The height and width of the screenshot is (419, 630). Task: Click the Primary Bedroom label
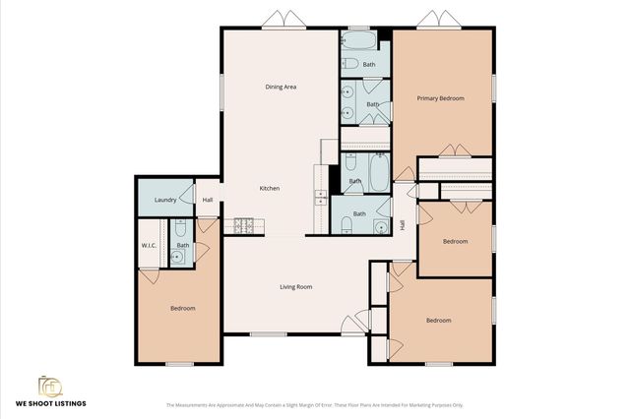440,98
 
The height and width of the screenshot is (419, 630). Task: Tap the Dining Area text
281,87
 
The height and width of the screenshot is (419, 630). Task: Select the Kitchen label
270,188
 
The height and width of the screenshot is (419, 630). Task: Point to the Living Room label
295,286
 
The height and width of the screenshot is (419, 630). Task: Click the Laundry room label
166,201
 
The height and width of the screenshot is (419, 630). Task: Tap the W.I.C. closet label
150,245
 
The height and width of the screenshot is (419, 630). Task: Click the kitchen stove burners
242,227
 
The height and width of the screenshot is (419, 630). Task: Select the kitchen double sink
320,196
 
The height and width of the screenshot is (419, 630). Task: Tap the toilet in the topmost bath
349,64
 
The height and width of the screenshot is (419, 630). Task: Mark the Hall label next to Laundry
208,201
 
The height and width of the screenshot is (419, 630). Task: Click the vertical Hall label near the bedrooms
402,225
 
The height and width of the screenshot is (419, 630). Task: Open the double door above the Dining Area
278,20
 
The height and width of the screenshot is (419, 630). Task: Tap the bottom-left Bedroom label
182,309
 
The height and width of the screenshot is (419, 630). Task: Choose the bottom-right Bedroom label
438,320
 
